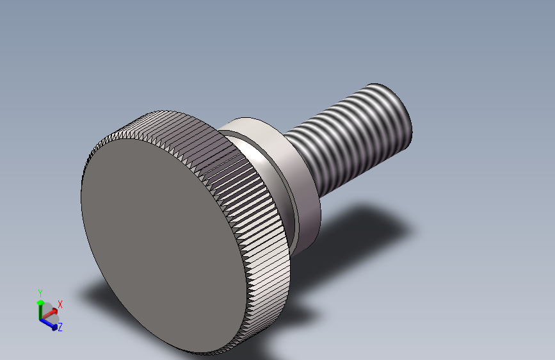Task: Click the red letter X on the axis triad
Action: (x=60, y=304)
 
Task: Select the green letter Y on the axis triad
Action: (x=40, y=292)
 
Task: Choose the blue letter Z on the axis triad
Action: (x=60, y=327)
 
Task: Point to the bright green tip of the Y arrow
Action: (x=40, y=301)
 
